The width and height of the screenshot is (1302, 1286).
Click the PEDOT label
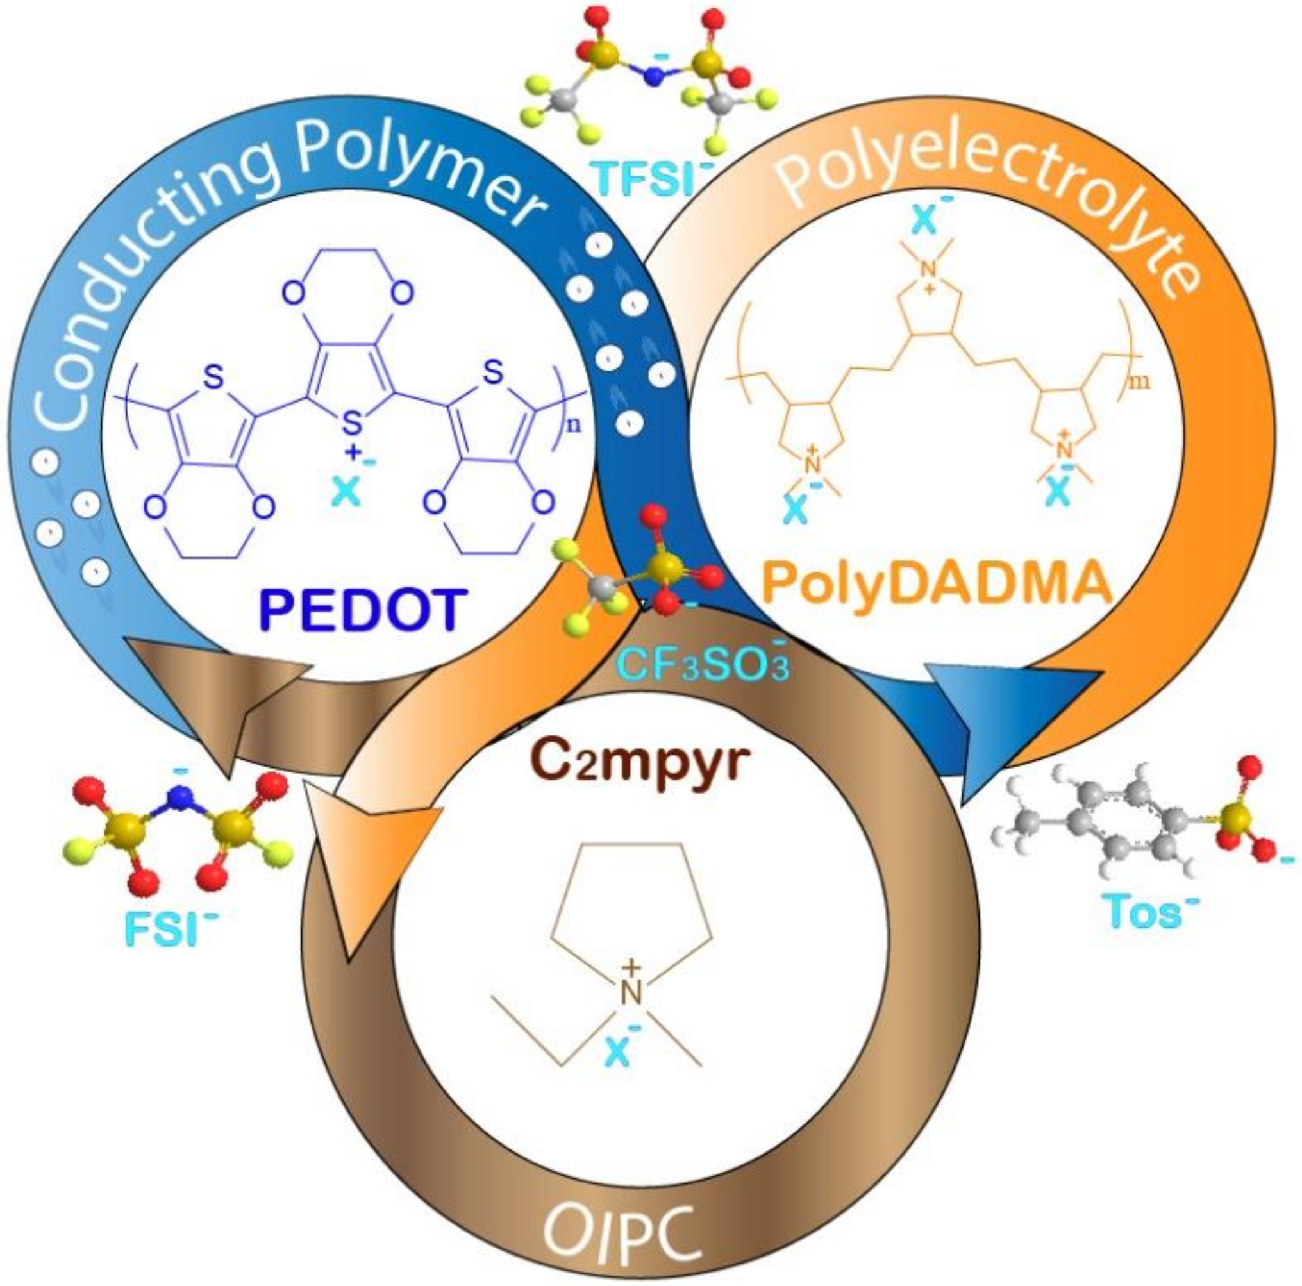click(363, 609)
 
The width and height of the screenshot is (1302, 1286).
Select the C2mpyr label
click(640, 764)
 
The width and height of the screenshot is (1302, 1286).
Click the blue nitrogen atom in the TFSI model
click(653, 76)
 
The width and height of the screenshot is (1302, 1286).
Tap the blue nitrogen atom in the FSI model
click(179, 798)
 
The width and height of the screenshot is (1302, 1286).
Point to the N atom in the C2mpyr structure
click(631, 993)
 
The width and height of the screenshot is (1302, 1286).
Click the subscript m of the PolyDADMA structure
click(1144, 383)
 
